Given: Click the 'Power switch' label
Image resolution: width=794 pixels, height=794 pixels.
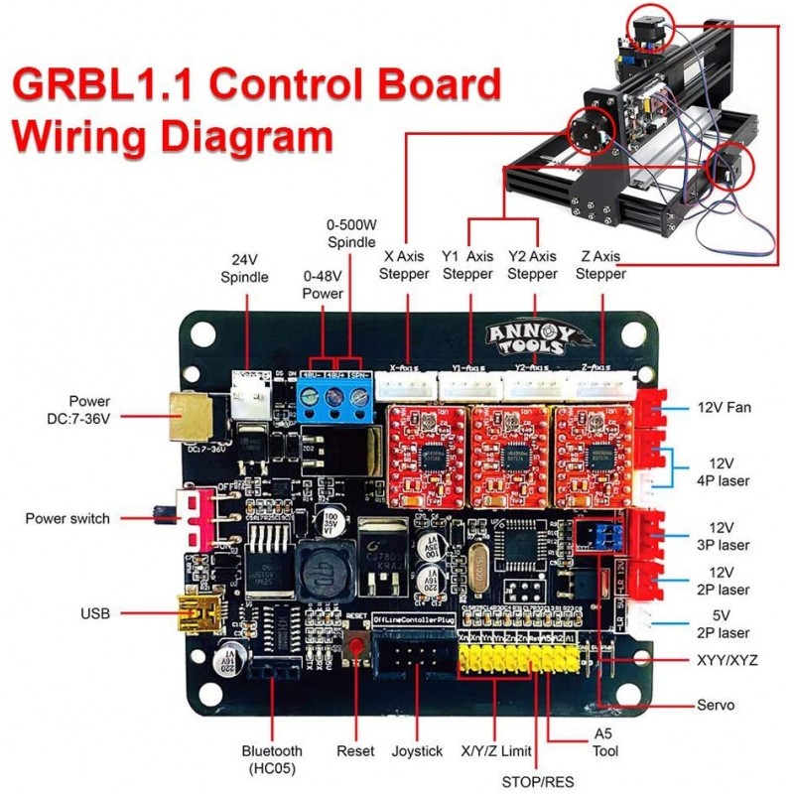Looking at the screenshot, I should tap(67, 518).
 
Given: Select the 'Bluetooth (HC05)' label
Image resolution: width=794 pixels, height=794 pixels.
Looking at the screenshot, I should tap(272, 759).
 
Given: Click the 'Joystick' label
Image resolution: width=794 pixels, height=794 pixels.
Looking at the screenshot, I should tap(417, 751).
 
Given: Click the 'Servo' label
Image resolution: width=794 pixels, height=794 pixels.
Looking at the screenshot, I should tap(716, 705).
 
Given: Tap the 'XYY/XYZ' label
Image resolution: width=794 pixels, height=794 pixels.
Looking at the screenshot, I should tap(727, 659).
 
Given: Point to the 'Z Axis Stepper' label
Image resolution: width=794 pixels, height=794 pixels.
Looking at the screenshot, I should tap(600, 265).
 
